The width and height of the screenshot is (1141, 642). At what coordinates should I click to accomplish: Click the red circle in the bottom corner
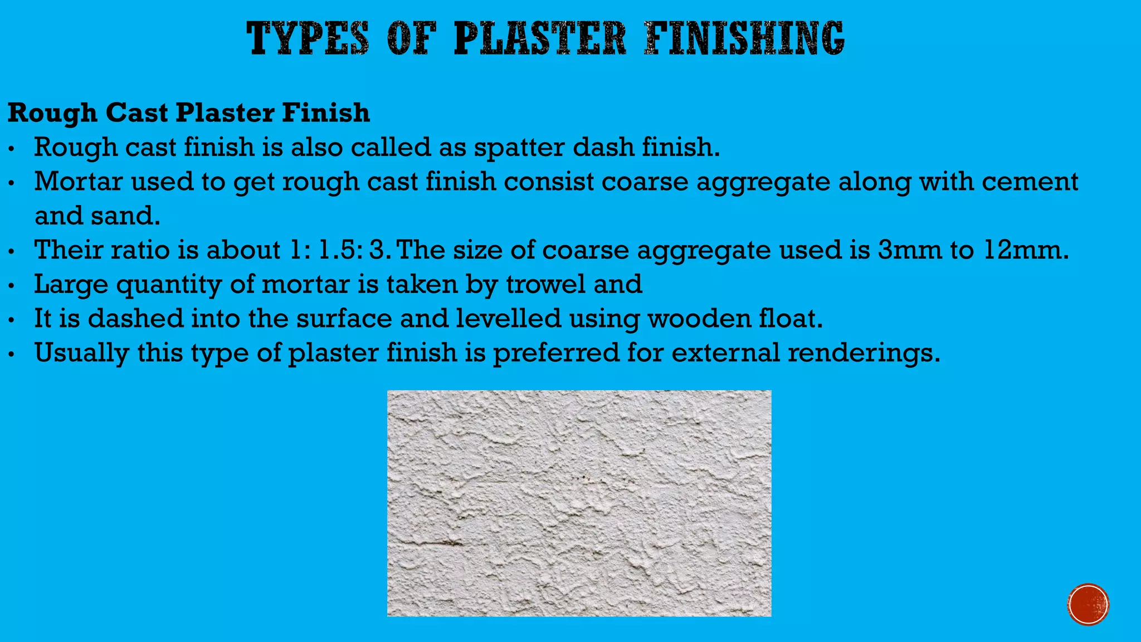click(x=1088, y=605)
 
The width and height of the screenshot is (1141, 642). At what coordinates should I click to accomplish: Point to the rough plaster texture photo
click(x=579, y=503)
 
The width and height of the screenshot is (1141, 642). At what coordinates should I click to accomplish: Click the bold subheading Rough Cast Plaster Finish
click(x=189, y=113)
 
